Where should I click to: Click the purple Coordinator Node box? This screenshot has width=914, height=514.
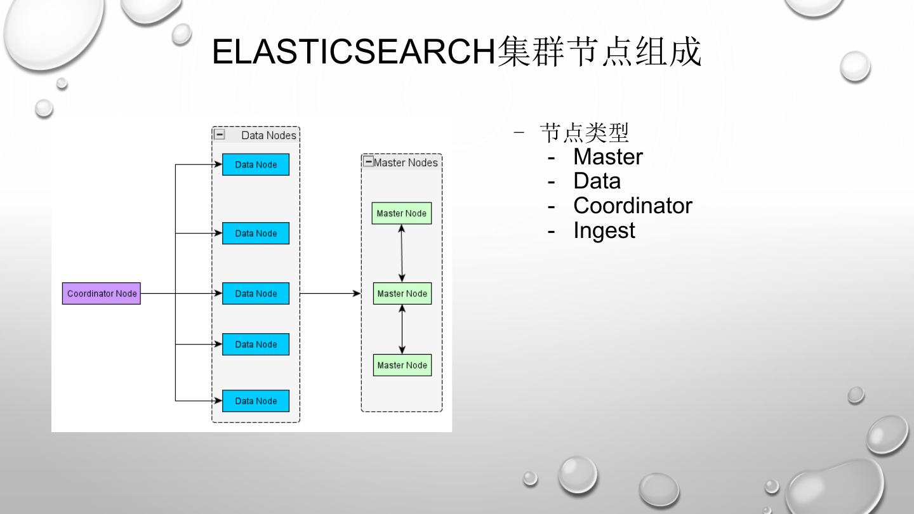tap(102, 294)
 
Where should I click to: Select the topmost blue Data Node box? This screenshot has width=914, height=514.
tap(256, 164)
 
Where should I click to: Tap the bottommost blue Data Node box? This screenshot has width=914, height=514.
tap(256, 401)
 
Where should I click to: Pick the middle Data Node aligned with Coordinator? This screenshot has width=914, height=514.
tap(256, 294)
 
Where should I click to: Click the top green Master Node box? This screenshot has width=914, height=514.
tap(402, 213)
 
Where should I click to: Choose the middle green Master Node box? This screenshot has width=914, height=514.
tap(402, 294)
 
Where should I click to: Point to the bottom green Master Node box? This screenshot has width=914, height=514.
tap(402, 365)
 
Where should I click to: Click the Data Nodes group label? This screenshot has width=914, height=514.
tap(268, 135)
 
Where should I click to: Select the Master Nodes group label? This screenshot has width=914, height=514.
tap(406, 162)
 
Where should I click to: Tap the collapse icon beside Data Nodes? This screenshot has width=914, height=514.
tap(219, 135)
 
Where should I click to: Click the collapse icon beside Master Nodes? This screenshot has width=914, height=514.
tap(368, 162)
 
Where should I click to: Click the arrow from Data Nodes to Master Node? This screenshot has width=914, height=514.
tap(330, 294)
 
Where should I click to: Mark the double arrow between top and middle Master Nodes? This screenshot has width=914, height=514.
tap(402, 253)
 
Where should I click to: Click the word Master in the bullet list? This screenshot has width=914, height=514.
tap(607, 157)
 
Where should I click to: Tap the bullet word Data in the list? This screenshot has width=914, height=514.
tap(597, 181)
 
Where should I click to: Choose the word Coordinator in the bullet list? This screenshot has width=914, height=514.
tap(632, 206)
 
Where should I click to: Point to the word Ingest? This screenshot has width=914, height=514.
tap(604, 230)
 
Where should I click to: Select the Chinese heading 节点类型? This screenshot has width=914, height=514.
tap(584, 133)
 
